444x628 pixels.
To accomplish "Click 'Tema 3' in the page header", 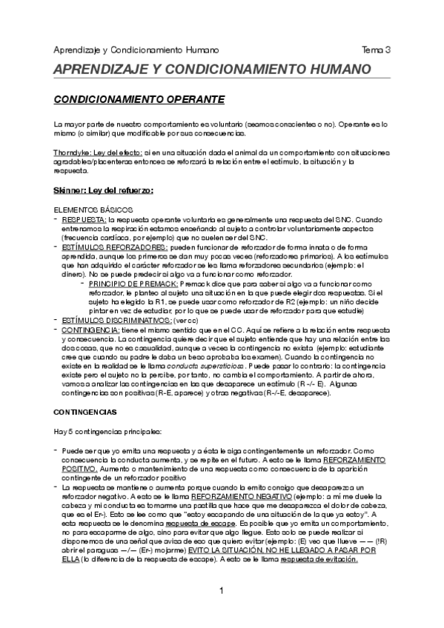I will (x=377, y=50).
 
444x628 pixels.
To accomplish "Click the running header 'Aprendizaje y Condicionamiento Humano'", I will (x=136, y=50).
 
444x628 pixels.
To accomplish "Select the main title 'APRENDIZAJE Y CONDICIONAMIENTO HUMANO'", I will (x=212, y=70).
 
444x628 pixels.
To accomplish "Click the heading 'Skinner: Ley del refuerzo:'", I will (x=103, y=190).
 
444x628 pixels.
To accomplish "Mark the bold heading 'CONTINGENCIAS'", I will (x=85, y=410).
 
